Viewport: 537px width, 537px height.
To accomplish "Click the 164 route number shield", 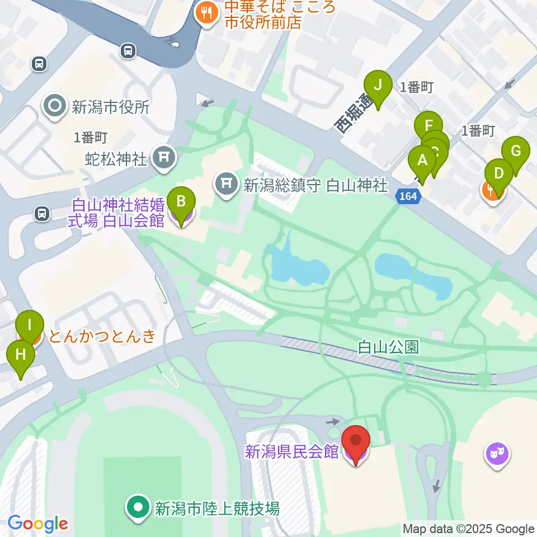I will pos(408,196).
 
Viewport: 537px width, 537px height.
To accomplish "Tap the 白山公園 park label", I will pos(388,348).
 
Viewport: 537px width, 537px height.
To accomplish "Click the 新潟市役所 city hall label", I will pos(110,107).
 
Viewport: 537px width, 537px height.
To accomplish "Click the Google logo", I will pos(37,524).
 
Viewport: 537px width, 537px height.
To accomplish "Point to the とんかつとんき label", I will pos(102,336).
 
